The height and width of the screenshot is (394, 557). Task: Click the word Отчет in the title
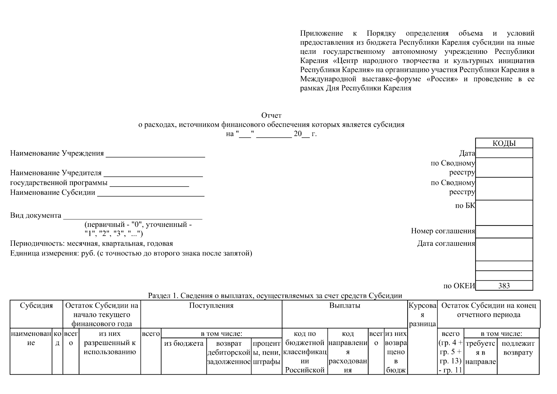click(271, 115)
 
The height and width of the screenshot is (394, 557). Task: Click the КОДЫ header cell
click(504, 143)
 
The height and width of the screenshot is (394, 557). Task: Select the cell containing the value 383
click(504, 286)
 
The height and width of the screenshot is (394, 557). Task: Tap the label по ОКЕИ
click(459, 286)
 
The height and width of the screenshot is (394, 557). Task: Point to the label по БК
click(465, 206)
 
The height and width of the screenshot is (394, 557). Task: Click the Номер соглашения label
click(443, 231)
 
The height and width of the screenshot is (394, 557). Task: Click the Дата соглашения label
click(446, 243)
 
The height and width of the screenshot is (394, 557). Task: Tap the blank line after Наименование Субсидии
click(151, 194)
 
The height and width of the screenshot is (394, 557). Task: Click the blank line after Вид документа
click(133, 217)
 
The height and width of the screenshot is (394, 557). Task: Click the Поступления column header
click(211, 305)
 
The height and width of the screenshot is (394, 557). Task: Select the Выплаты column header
click(345, 305)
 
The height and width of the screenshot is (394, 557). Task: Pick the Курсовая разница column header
click(422, 315)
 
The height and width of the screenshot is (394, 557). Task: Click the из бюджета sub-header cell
click(183, 343)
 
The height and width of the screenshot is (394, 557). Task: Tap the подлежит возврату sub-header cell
click(518, 348)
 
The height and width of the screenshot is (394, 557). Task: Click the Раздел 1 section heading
click(275, 295)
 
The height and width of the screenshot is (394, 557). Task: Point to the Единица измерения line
click(131, 253)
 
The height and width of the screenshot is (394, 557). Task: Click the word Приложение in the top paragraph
click(321, 33)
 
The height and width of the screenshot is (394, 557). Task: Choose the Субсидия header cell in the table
click(36, 305)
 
